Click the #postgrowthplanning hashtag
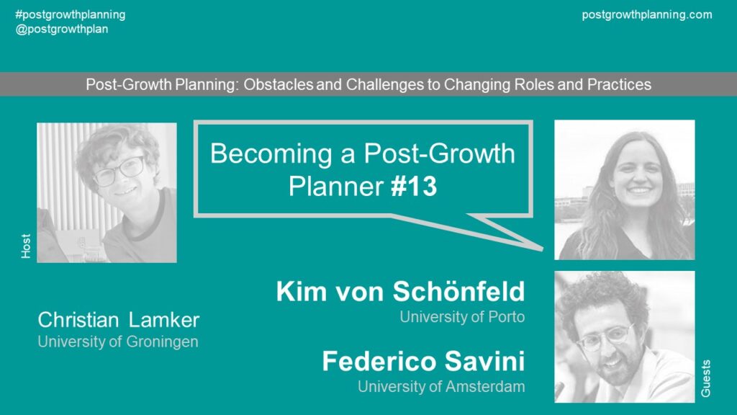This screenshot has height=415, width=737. pos(71,14)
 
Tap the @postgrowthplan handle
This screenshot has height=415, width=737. pos(62,29)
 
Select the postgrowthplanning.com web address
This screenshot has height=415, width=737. pos(647,14)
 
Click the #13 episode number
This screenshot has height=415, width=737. pos(414,186)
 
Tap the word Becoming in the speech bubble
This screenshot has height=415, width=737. pos(271,154)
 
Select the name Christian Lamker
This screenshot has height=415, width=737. pos(119,320)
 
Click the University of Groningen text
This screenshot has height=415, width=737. pos(118,342)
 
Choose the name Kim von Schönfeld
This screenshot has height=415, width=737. pos(400,291)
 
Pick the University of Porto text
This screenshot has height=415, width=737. pos(462,317)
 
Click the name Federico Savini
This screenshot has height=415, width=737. pos(423,361)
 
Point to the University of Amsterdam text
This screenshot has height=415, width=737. pos(441,386)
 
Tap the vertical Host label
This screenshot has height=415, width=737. pos(26,246)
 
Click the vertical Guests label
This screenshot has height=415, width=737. pos(706,379)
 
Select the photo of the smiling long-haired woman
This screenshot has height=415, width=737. pos(625,189)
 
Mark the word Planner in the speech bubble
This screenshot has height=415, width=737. pos(336,187)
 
